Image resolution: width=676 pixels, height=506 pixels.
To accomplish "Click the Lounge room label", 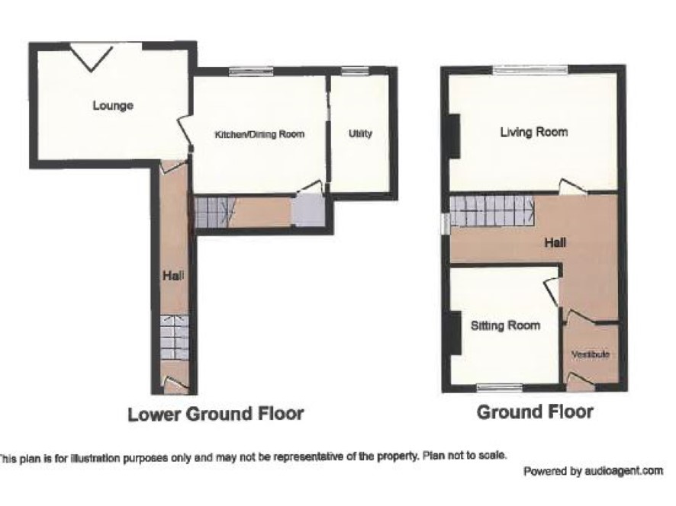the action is click(x=113, y=105).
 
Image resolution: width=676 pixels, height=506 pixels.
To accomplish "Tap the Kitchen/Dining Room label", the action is click(x=259, y=134).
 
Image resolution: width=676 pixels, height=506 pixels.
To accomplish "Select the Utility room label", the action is click(x=360, y=133).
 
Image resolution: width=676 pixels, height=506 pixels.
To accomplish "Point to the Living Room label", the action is click(x=534, y=132).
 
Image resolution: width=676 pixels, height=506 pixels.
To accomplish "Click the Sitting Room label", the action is click(x=505, y=325).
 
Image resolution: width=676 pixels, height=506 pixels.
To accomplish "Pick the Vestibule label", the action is click(x=591, y=354).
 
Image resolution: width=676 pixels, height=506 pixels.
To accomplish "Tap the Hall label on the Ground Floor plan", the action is click(x=555, y=243).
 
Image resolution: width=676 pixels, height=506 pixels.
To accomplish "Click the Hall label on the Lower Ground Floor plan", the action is click(x=173, y=275).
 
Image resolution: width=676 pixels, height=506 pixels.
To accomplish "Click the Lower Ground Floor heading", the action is click(x=216, y=415).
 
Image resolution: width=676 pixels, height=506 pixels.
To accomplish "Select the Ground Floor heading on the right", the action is click(x=535, y=412).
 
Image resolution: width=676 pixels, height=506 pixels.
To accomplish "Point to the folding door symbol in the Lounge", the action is click(x=92, y=57).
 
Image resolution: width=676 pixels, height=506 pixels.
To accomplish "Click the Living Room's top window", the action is click(x=530, y=69).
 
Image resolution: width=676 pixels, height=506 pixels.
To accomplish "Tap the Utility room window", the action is click(x=355, y=71).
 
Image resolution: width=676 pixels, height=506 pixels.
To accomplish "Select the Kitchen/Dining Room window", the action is click(x=251, y=71).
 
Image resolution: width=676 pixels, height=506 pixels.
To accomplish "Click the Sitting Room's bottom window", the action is click(x=500, y=388).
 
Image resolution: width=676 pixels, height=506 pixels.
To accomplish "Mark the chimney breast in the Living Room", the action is click(x=455, y=136).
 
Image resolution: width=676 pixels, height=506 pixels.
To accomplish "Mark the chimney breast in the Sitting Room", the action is click(x=455, y=332).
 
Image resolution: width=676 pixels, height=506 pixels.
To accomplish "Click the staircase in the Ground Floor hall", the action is click(x=492, y=211).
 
